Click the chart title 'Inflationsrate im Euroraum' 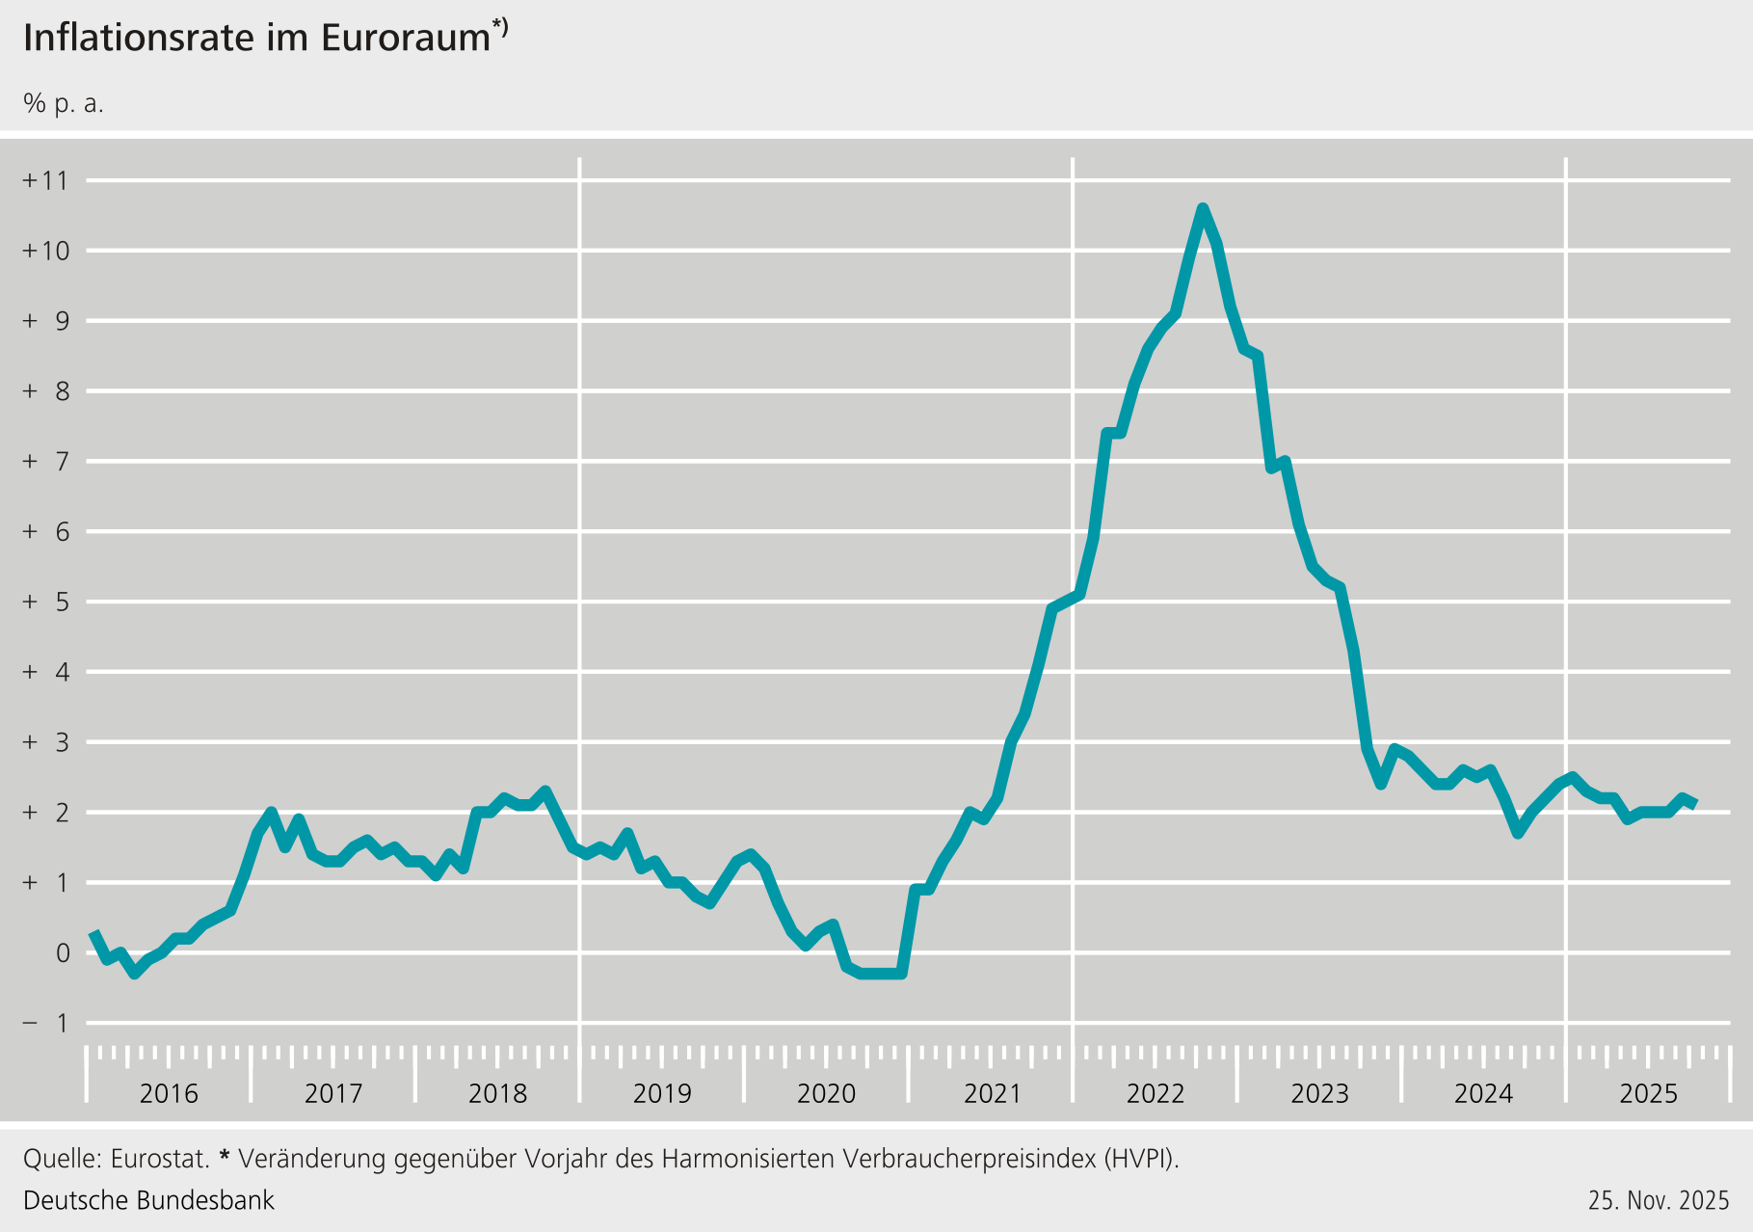click(x=257, y=39)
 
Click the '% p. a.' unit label click(x=64, y=104)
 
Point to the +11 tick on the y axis click(x=46, y=180)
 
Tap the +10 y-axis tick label click(x=46, y=251)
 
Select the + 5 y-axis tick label click(x=46, y=602)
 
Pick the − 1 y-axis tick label click(x=46, y=1023)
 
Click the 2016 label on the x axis click(x=169, y=1094)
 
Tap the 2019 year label click(x=662, y=1094)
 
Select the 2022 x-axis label click(x=1155, y=1094)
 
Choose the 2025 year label click(x=1649, y=1094)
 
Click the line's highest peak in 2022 click(x=1203, y=208)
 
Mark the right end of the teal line click(x=1695, y=803)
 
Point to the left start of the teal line click(x=93, y=932)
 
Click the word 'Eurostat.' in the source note click(x=160, y=1158)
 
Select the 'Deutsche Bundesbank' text click(x=148, y=1200)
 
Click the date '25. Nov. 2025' click(x=1659, y=1200)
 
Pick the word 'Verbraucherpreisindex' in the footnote click(x=969, y=1158)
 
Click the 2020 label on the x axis click(x=827, y=1094)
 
